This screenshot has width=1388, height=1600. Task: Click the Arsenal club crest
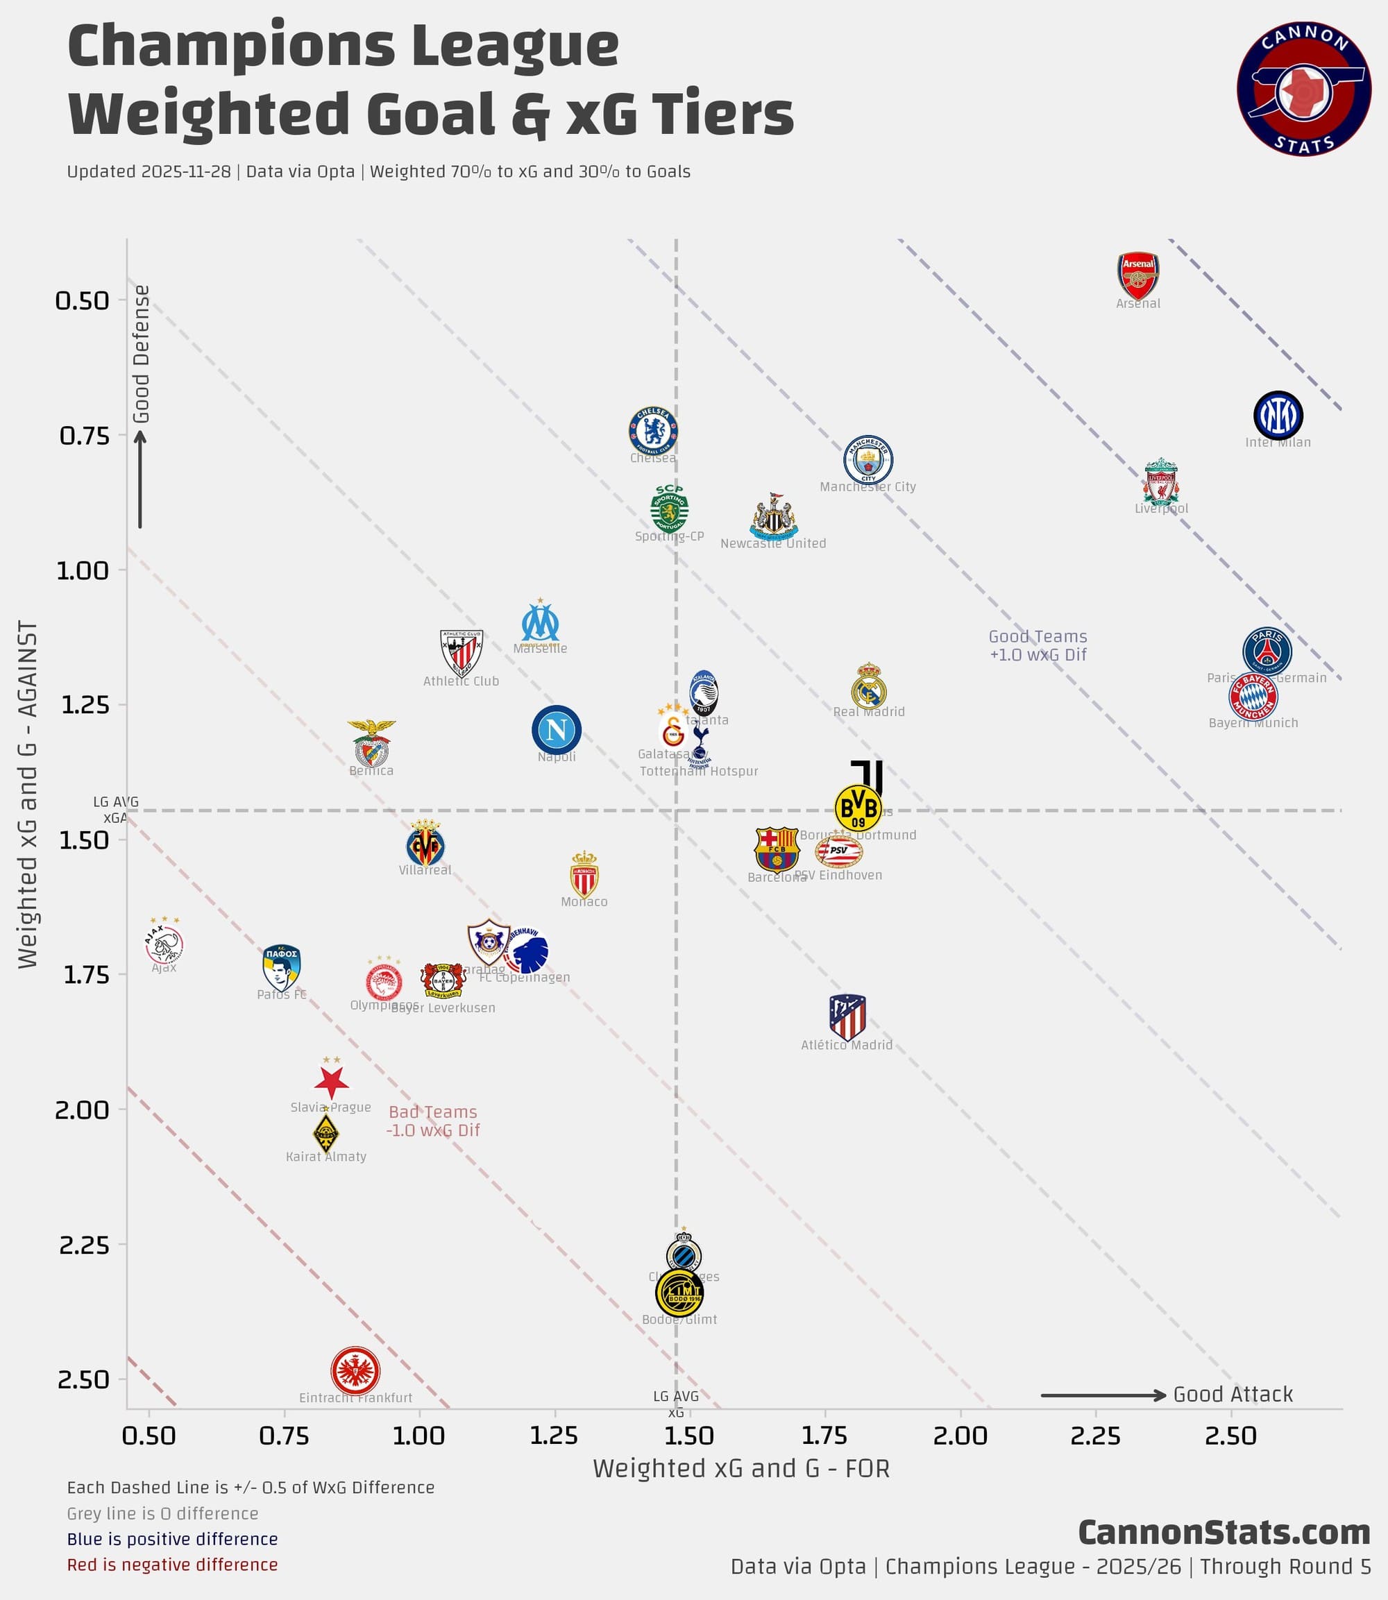pyautogui.click(x=1138, y=275)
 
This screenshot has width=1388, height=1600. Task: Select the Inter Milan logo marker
pyautogui.click(x=1278, y=416)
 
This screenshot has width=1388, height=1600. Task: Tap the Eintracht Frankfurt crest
pyautogui.click(x=355, y=1370)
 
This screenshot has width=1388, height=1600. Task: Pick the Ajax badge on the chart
pyautogui.click(x=164, y=944)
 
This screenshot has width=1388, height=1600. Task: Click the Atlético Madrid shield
pyautogui.click(x=847, y=1018)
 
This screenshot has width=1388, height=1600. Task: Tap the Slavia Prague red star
pyautogui.click(x=332, y=1081)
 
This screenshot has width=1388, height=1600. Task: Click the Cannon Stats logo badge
pyautogui.click(x=1303, y=88)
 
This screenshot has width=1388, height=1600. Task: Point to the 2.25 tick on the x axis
pyautogui.click(x=1095, y=1436)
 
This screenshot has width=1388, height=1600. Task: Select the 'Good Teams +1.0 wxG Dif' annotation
pyautogui.click(x=1038, y=645)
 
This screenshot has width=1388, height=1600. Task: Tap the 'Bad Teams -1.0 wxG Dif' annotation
pyautogui.click(x=433, y=1121)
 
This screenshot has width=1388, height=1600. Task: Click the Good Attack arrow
pyautogui.click(x=1103, y=1395)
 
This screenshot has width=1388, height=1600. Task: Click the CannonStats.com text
pyautogui.click(x=1224, y=1533)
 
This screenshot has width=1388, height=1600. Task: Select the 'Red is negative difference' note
pyautogui.click(x=172, y=1565)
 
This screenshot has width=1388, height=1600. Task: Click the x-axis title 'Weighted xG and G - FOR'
pyautogui.click(x=741, y=1468)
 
